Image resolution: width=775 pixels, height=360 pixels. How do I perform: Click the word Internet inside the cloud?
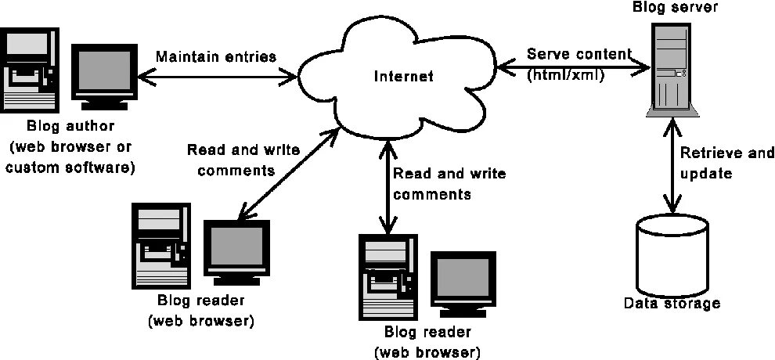[x=403, y=77]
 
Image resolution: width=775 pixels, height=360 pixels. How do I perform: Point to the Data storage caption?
[x=672, y=303]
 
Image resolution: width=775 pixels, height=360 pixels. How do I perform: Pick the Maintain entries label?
[x=216, y=57]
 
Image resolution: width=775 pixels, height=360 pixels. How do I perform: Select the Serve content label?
[x=579, y=54]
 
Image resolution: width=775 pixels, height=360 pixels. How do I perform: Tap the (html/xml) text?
[x=565, y=75]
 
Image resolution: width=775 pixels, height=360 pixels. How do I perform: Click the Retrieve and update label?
[x=726, y=163]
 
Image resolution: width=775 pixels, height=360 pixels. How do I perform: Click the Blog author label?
[x=71, y=126]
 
